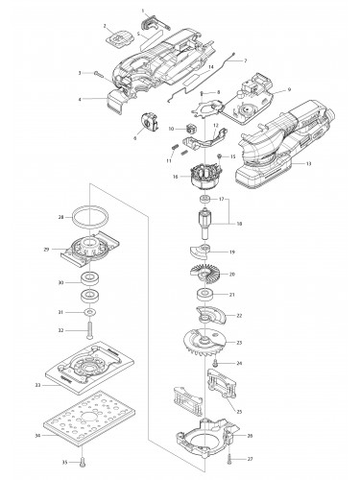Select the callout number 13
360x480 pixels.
click(308, 165)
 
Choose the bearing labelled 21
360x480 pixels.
click(205, 296)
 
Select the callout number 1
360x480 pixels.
click(142, 11)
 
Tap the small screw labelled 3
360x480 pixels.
click(98, 73)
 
